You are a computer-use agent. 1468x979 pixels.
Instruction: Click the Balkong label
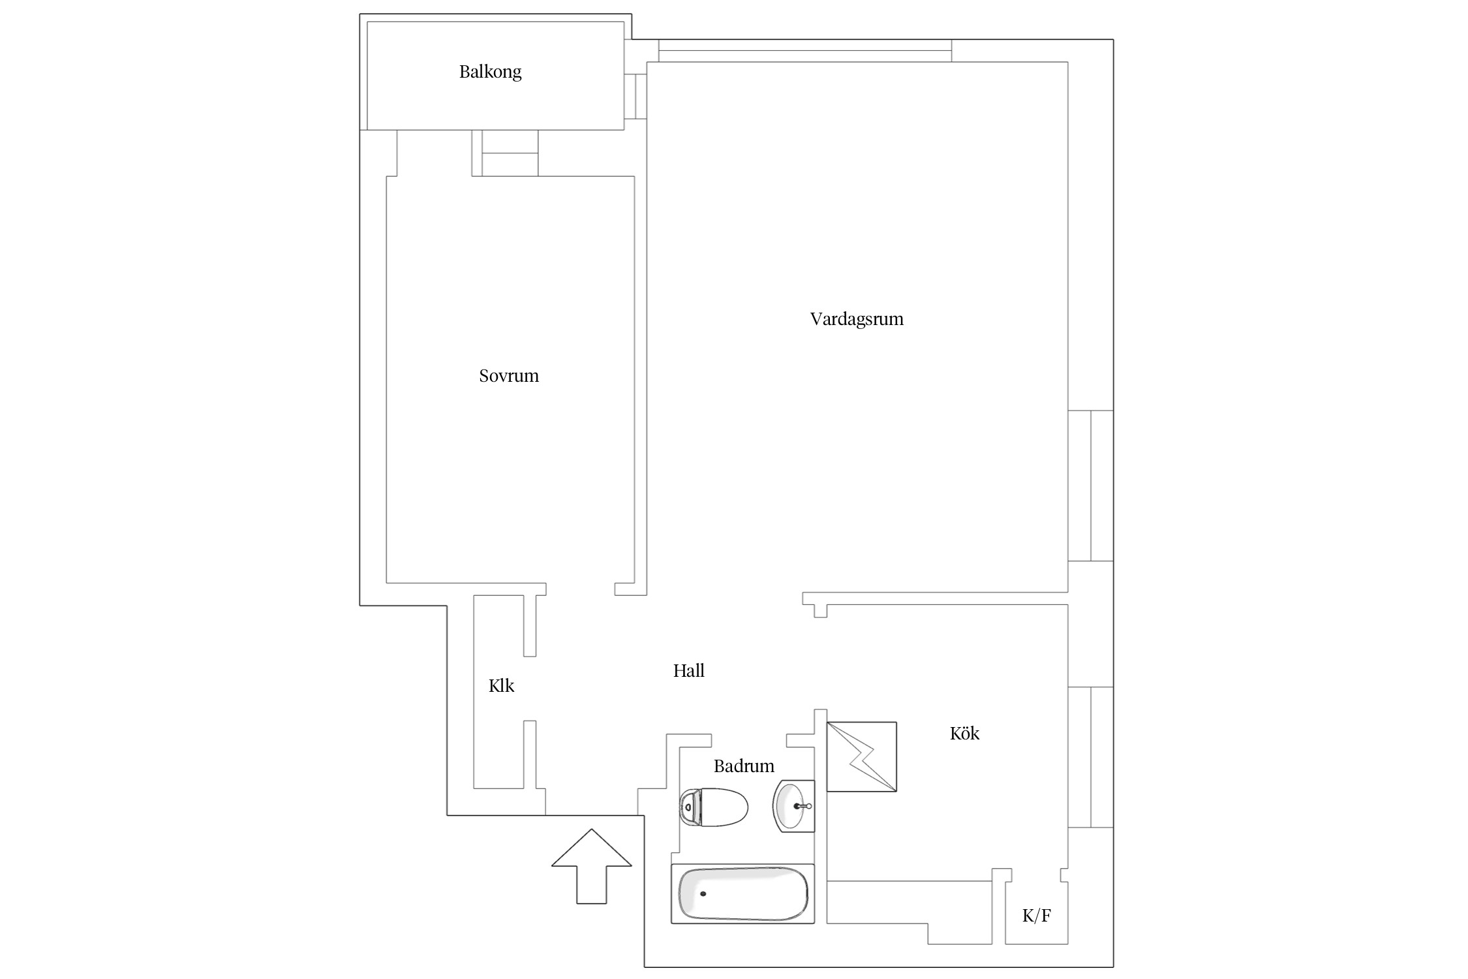pos(490,72)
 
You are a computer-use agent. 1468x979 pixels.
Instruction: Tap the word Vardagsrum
pos(857,319)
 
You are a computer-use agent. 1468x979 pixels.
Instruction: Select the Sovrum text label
pos(509,376)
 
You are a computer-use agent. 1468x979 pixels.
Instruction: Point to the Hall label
pos(688,671)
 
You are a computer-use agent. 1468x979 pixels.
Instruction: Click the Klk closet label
pos(501,686)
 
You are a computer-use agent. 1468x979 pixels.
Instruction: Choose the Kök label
pos(964,734)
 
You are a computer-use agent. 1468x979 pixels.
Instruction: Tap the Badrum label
pos(744,766)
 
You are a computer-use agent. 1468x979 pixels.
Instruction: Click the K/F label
pos(1036,916)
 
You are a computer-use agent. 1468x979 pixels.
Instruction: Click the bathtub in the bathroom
pos(743,894)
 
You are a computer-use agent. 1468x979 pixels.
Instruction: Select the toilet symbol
pos(713,807)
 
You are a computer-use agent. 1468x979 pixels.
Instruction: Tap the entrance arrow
pos(592,866)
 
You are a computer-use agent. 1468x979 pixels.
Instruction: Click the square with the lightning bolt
pos(861,757)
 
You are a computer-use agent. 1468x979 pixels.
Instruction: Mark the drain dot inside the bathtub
pos(703,894)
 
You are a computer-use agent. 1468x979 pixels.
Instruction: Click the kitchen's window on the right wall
pos(1090,757)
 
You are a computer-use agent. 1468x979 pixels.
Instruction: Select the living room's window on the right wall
pos(1090,486)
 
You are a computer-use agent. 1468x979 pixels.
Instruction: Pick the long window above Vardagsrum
pos(804,51)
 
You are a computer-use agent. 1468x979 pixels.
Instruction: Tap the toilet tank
pos(689,808)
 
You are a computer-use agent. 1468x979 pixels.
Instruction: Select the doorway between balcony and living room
pos(635,97)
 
